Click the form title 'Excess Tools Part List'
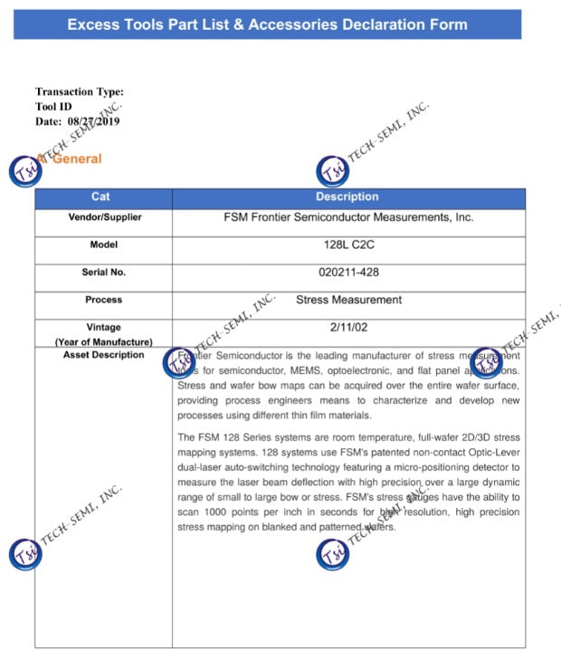coord(267,24)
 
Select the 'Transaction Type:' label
coord(80,91)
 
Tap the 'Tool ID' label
coord(53,106)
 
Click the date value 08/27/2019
coord(93,121)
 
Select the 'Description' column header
coord(347,197)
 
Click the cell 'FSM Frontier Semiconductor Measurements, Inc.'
coord(348,217)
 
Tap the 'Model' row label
coord(104,244)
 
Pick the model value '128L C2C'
coord(348,245)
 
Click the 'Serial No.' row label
coord(104,272)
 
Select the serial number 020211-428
coord(348,273)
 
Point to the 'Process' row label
coord(104,300)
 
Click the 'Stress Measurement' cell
coord(348,300)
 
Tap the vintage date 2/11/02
coord(348,327)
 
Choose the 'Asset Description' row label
coord(104,355)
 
